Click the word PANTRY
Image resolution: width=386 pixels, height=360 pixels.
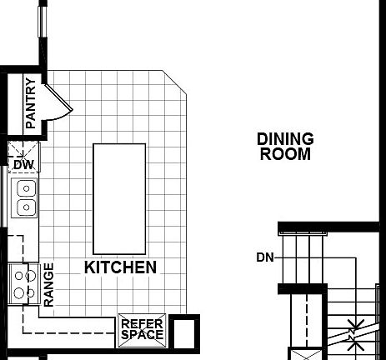pyautogui.click(x=31, y=103)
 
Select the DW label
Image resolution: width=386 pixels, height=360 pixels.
pyautogui.click(x=23, y=164)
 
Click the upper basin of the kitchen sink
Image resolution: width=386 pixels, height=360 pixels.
pyautogui.click(x=26, y=187)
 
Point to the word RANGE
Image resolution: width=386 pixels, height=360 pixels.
pyautogui.click(x=48, y=284)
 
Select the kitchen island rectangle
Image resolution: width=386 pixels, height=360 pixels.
pyautogui.click(x=118, y=198)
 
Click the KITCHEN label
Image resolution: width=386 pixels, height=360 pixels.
pyautogui.click(x=120, y=267)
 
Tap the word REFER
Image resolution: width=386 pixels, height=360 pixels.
pyautogui.click(x=142, y=324)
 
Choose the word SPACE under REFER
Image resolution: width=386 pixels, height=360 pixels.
pyautogui.click(x=142, y=335)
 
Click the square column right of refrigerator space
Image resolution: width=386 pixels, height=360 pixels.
pyautogui.click(x=186, y=332)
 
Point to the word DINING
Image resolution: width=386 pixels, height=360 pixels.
pyautogui.click(x=285, y=139)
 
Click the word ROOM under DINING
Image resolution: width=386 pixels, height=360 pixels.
pyautogui.click(x=285, y=154)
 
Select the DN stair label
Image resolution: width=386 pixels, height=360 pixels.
pyautogui.click(x=265, y=257)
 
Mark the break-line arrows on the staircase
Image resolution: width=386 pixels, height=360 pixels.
pyautogui.click(x=355, y=332)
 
